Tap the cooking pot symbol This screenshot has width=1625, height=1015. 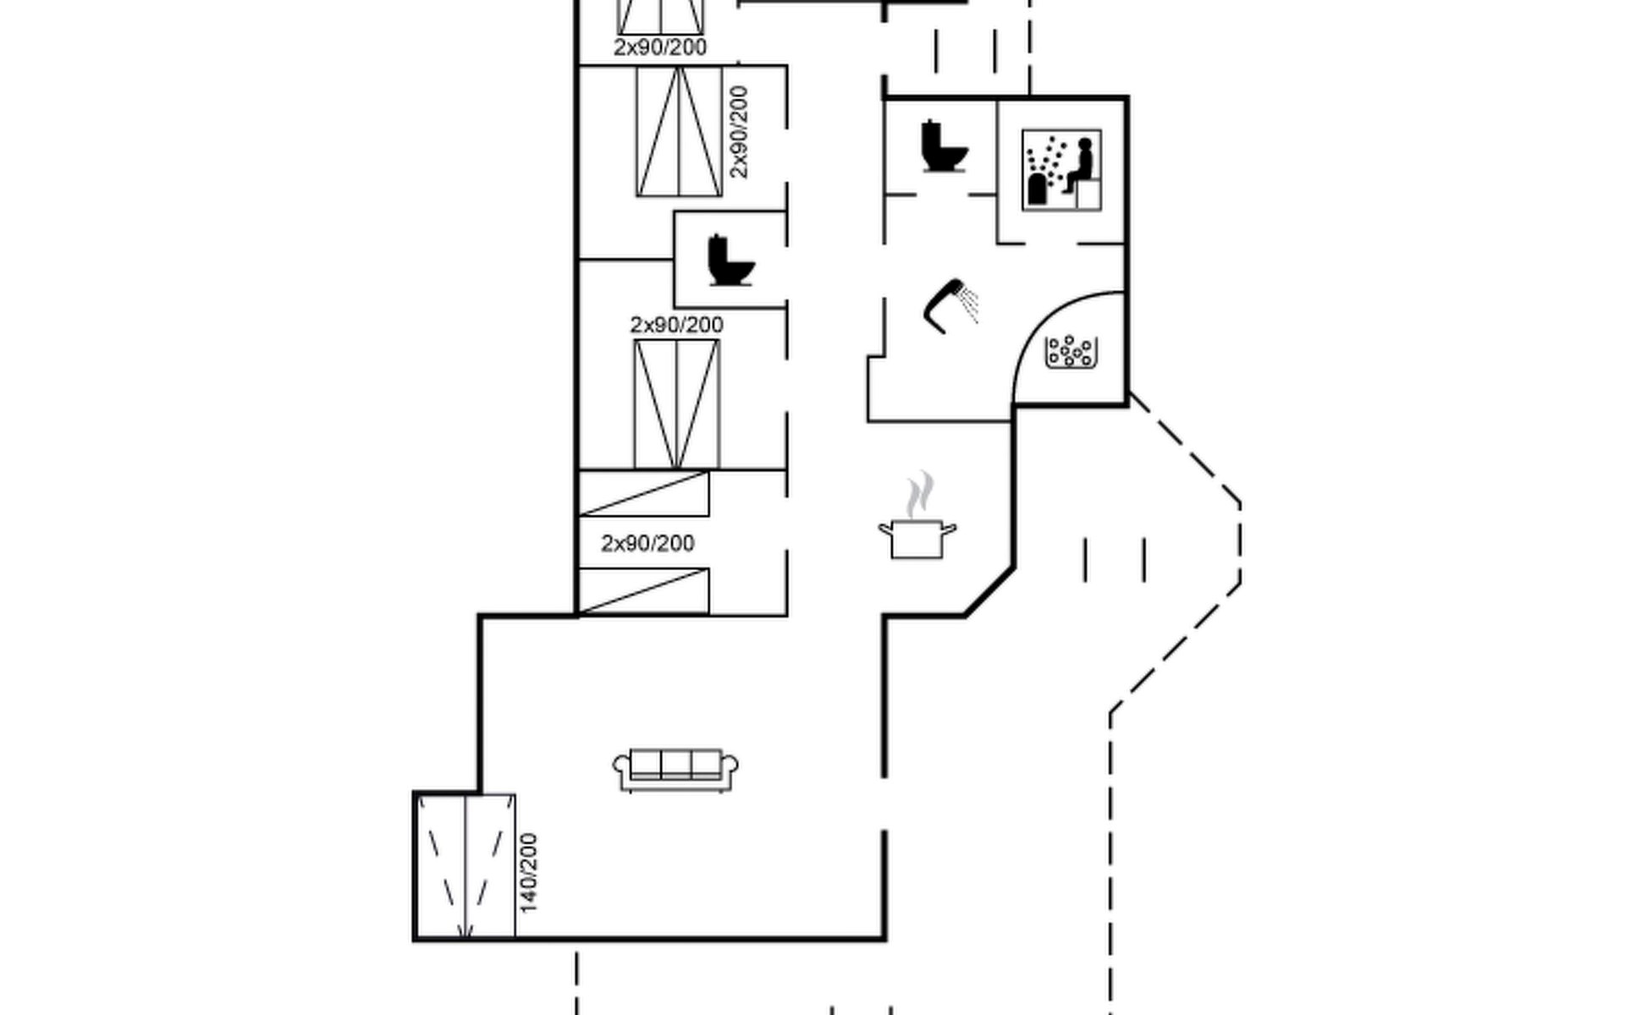click(917, 539)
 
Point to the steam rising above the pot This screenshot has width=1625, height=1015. click(921, 495)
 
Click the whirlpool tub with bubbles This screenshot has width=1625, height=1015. click(1071, 352)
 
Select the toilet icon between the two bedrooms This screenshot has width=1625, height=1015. click(730, 261)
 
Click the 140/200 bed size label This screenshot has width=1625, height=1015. click(528, 873)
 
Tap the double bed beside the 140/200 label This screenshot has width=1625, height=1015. click(466, 866)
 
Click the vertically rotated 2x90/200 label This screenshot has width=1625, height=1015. click(739, 132)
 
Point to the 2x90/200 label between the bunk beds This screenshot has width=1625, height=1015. click(647, 543)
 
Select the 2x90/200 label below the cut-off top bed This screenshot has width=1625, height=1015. click(660, 47)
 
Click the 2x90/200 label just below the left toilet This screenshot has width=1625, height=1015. click(676, 325)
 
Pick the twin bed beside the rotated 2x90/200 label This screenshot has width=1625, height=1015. click(679, 132)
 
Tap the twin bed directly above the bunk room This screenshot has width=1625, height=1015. click(676, 403)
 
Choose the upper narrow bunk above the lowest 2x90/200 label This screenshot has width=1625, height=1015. click(643, 494)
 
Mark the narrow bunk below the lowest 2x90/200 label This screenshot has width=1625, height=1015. click(643, 591)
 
